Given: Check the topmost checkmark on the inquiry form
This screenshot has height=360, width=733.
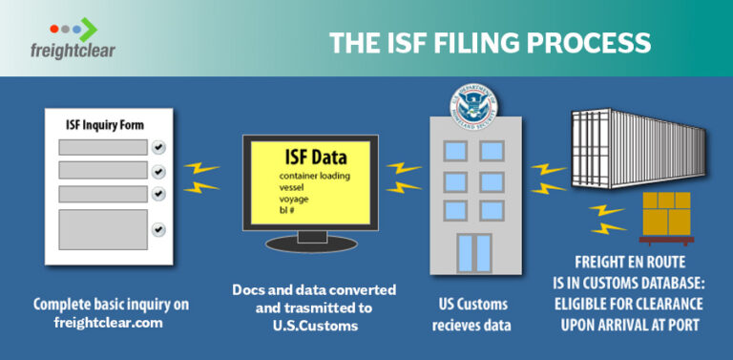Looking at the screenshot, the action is (x=158, y=147).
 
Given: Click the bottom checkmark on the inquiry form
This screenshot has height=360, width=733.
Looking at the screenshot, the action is (x=158, y=229).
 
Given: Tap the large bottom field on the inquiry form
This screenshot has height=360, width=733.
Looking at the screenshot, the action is (x=103, y=229).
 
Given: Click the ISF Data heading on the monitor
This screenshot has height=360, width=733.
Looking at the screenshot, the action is (x=315, y=157).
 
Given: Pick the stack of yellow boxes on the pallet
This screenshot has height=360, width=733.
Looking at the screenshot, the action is (x=666, y=216).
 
